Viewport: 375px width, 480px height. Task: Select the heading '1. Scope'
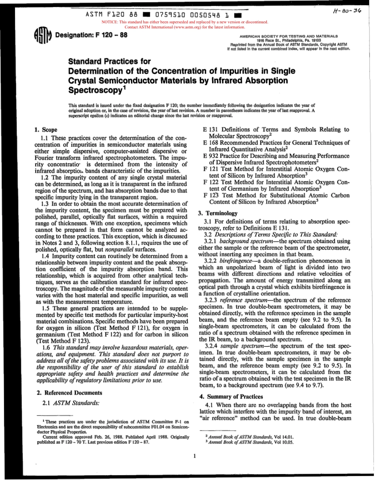(46, 129)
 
